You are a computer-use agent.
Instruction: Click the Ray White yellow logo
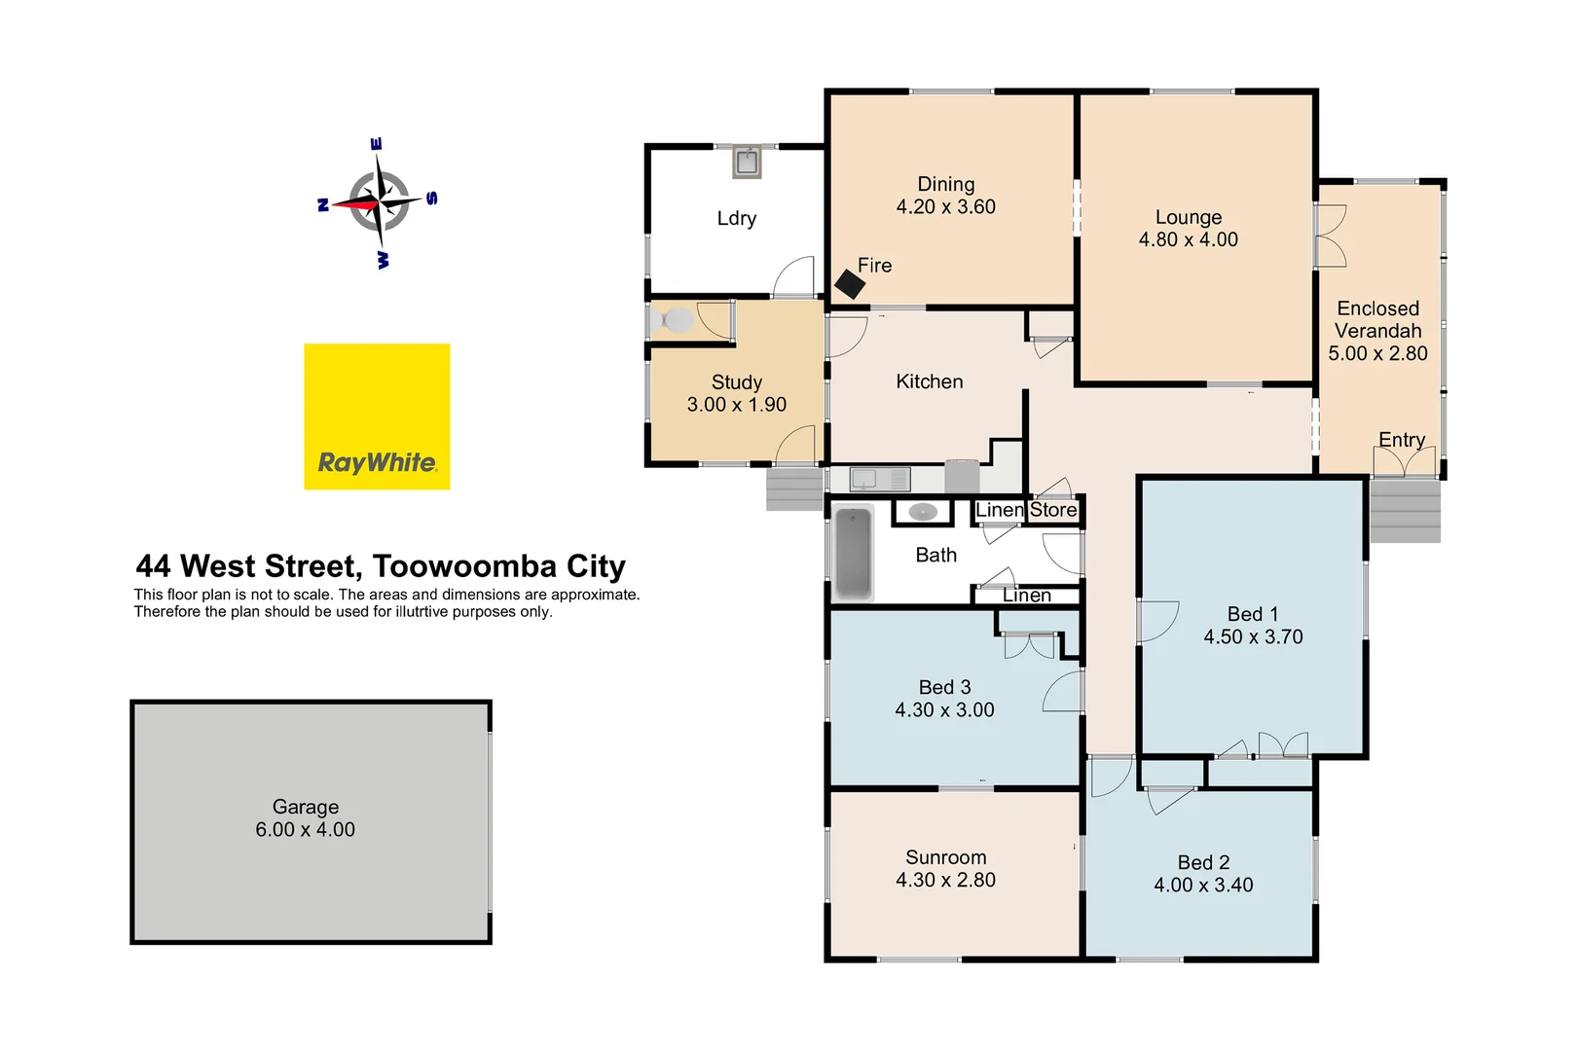(x=377, y=417)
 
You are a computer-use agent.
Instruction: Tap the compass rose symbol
(x=378, y=203)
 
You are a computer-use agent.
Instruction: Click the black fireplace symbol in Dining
(x=850, y=283)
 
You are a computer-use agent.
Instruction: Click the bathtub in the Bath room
(x=854, y=553)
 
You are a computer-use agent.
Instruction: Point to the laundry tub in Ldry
(x=747, y=163)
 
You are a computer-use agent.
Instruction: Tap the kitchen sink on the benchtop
(x=864, y=479)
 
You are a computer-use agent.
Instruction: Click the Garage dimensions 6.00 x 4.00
(x=305, y=830)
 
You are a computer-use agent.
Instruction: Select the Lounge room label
(x=1188, y=217)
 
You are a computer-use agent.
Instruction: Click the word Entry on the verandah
(x=1401, y=440)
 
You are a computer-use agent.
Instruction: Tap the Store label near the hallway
(x=1053, y=510)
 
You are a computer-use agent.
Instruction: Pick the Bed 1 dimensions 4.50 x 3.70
(x=1253, y=637)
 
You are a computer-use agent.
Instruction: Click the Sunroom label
(x=945, y=857)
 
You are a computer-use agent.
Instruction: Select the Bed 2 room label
(x=1203, y=863)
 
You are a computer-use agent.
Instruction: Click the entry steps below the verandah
(x=1405, y=511)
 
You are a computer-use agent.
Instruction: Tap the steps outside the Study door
(x=794, y=489)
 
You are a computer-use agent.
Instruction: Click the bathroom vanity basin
(x=922, y=512)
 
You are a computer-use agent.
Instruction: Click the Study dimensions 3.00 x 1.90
(x=736, y=405)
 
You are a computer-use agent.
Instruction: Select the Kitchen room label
(x=929, y=381)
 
